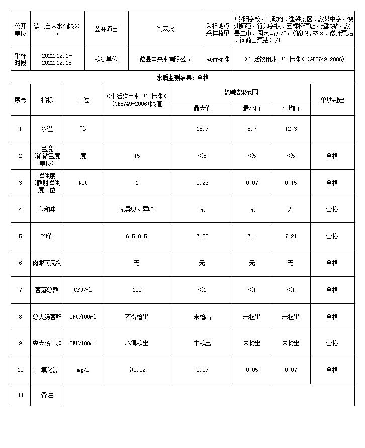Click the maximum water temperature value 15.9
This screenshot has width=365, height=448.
[202, 129]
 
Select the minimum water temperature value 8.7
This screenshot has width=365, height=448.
[252, 129]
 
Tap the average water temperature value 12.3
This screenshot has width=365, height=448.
[291, 129]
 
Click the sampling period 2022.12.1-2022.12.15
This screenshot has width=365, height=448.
[57, 59]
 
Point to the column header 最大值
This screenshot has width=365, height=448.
[202, 108]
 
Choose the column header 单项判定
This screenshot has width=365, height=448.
[332, 100]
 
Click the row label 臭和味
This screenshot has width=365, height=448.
[47, 209]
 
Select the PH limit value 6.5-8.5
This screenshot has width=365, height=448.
[137, 236]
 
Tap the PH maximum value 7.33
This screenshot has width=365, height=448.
[202, 236]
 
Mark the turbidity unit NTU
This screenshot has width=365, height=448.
[83, 183]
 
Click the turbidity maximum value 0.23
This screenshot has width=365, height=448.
[202, 183]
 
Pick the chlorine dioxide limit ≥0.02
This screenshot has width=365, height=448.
[137, 370]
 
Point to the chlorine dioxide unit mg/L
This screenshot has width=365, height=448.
[83, 370]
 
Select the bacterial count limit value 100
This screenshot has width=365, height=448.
[137, 290]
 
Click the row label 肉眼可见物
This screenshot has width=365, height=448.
[47, 263]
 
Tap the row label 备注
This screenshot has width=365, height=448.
[47, 395]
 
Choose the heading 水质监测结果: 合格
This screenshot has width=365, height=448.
[182, 78]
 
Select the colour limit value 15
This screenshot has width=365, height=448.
[137, 156]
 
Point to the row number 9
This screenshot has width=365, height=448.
[21, 343]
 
